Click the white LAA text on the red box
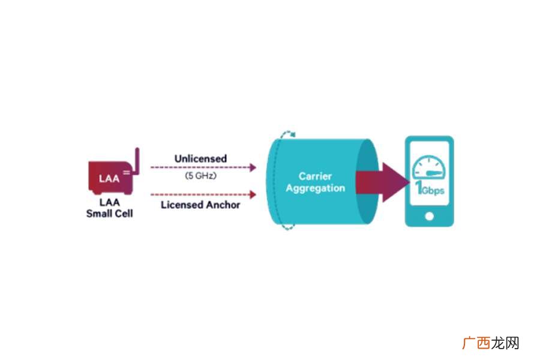click(x=109, y=178)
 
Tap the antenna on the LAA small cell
click(x=137, y=161)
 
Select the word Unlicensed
click(x=200, y=158)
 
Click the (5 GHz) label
click(x=201, y=176)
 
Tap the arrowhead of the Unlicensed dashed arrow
click(x=253, y=167)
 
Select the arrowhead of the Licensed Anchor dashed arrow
click(x=253, y=194)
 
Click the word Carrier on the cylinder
click(x=315, y=176)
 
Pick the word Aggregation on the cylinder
click(x=316, y=188)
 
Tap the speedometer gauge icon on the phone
click(x=429, y=167)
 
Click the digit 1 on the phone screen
click(x=419, y=187)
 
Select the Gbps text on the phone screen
click(x=433, y=191)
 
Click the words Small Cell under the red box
click(x=110, y=214)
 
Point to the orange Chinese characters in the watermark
click(x=476, y=343)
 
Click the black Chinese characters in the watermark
click(x=505, y=343)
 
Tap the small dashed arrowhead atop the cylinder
click(x=293, y=134)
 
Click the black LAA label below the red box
click(x=110, y=202)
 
